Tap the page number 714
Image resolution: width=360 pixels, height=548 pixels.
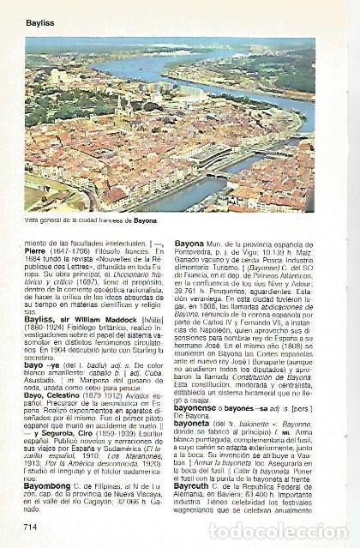[33, 525]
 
